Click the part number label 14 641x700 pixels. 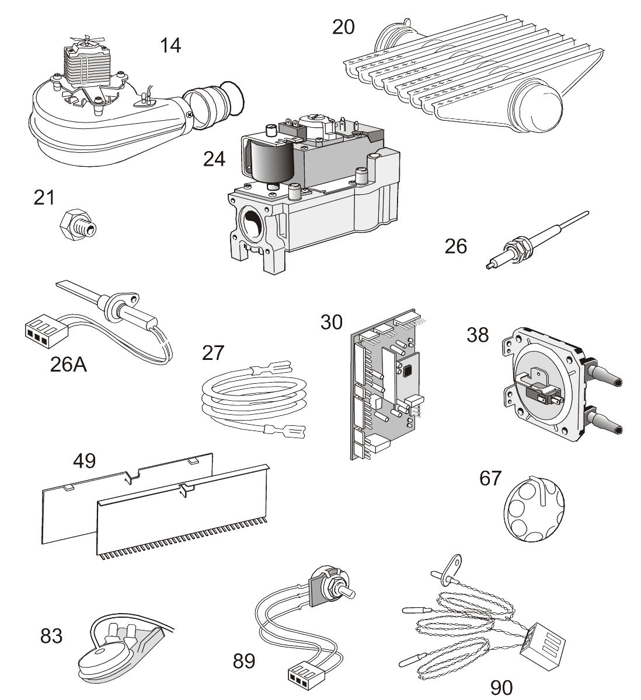pyautogui.click(x=170, y=44)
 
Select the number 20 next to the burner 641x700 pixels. pyautogui.click(x=343, y=26)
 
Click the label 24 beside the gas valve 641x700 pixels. pyautogui.click(x=214, y=159)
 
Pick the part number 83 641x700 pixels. pyautogui.click(x=51, y=635)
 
